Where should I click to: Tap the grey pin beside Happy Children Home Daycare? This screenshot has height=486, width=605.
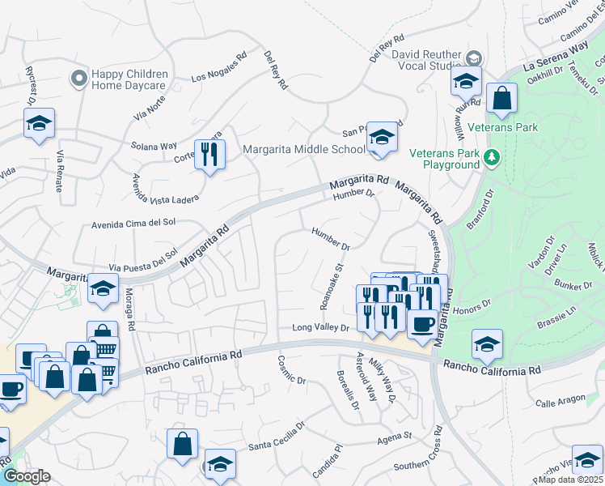(x=78, y=78)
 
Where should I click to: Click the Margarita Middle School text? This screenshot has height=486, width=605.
(x=304, y=150)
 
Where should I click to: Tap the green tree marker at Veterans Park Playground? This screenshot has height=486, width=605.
(x=492, y=158)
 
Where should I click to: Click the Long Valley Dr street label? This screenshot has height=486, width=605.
(x=319, y=328)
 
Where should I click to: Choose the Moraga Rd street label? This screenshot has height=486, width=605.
(x=129, y=315)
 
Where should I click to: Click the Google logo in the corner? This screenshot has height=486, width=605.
(x=27, y=476)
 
